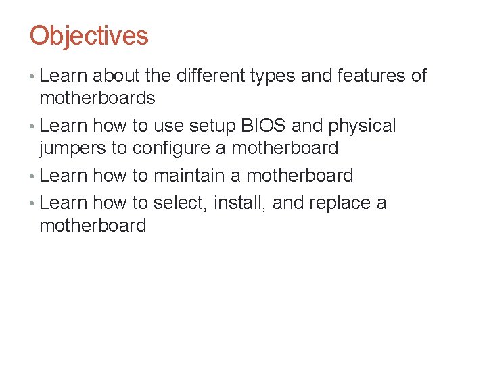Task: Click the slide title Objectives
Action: tap(89, 36)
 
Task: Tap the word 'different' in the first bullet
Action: tap(210, 76)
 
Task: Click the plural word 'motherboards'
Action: tap(97, 99)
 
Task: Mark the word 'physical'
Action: tap(363, 126)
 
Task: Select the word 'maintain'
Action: tap(189, 176)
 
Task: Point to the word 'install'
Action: tap(239, 203)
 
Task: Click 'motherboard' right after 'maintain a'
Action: tap(300, 176)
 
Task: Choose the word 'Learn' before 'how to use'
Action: tap(64, 126)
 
